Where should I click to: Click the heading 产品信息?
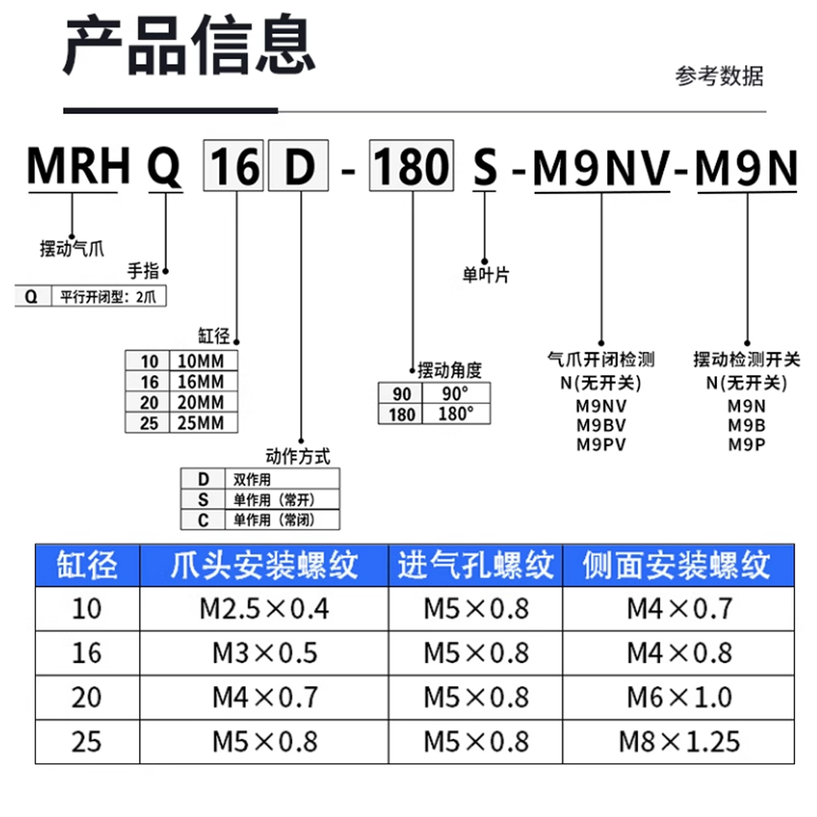tap(189, 45)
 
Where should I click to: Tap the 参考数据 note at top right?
tap(719, 76)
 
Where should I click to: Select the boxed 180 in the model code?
tap(411, 166)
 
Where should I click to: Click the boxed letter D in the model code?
tap(298, 166)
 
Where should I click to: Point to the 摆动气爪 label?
tap(72, 249)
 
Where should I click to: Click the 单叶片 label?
tap(486, 275)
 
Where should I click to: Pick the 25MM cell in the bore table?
tap(201, 423)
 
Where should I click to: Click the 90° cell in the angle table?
tap(455, 393)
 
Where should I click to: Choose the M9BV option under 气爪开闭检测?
tap(601, 425)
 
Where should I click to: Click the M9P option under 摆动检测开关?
tap(747, 444)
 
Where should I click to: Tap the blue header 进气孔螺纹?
tap(475, 565)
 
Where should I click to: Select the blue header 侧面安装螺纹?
tap(677, 565)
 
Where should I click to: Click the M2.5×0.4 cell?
tap(264, 609)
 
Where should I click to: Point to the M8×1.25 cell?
tap(679, 742)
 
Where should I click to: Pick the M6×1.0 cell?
tap(679, 697)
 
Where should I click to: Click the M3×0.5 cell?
tap(264, 653)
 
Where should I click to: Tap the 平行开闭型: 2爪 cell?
tap(108, 297)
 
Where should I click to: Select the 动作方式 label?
tap(297, 456)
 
